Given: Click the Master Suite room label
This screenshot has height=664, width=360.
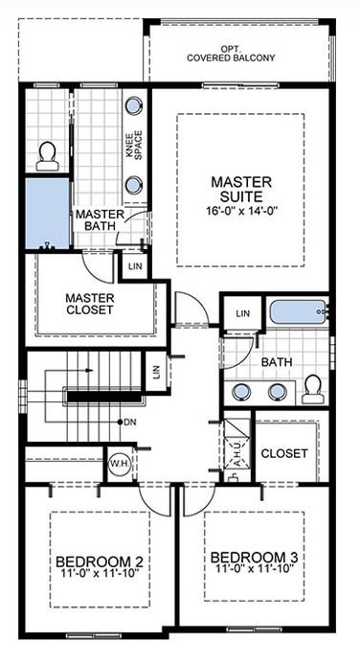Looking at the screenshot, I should click(x=242, y=189).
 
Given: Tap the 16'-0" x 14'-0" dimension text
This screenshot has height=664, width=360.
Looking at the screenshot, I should click(x=242, y=210).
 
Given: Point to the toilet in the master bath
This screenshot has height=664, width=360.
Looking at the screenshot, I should click(x=45, y=155).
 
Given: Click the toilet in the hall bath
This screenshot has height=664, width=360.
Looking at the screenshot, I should click(x=312, y=388).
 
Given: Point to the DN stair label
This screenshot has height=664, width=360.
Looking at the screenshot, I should click(x=130, y=422).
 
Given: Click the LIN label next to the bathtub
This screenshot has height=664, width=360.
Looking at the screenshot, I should click(x=243, y=313).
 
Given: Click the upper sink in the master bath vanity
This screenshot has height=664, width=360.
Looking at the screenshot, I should click(x=133, y=106).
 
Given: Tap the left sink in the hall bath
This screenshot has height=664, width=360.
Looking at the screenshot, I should click(x=240, y=390).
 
